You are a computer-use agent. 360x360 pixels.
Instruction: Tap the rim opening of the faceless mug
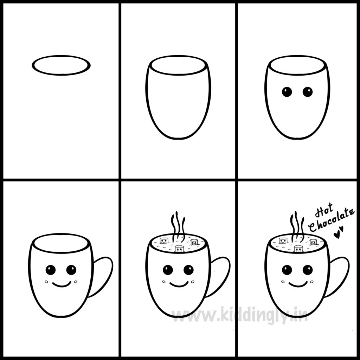[179, 56]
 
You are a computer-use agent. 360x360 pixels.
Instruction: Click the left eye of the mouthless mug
[287, 92]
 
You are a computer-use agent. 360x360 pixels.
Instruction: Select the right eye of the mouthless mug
[308, 92]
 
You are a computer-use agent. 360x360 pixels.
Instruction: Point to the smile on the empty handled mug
[62, 286]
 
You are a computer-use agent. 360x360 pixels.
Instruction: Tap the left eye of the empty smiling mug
[51, 270]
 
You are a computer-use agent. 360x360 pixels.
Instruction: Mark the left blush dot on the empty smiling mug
[47, 282]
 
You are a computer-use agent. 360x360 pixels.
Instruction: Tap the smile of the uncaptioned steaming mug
[179, 286]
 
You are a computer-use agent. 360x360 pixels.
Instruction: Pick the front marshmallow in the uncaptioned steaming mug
[180, 249]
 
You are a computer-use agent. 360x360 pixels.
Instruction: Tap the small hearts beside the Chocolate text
[339, 232]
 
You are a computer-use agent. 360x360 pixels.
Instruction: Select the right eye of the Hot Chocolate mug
[308, 270]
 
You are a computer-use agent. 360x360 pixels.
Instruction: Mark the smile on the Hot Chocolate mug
[298, 286]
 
